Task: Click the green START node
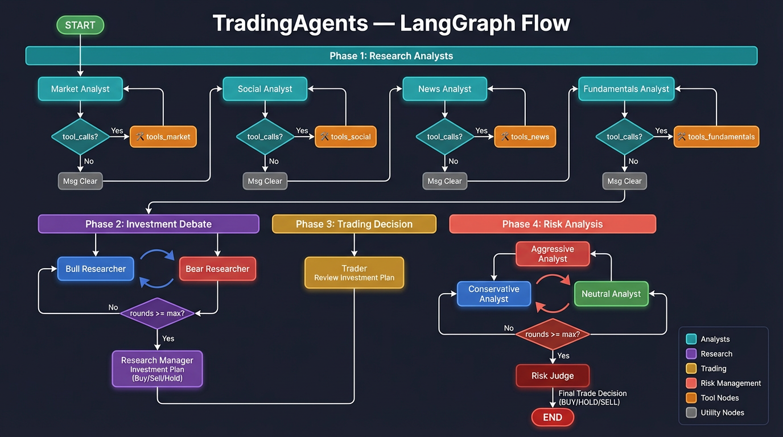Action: [x=80, y=25]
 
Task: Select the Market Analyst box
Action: [x=80, y=89]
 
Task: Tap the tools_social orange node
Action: [x=345, y=137]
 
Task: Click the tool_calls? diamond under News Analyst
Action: [x=445, y=137]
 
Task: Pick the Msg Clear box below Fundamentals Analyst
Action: [x=624, y=181]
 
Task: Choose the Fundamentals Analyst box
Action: [x=626, y=89]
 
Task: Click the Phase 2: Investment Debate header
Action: [x=149, y=224]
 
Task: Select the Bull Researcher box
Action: [x=96, y=269]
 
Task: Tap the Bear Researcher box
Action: [x=217, y=269]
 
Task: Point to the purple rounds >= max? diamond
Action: [x=158, y=313]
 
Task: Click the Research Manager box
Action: [x=157, y=369]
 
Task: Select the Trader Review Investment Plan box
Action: [x=354, y=273]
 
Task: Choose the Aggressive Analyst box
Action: [x=553, y=254]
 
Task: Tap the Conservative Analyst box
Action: [x=494, y=294]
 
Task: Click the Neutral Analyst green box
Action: [x=611, y=294]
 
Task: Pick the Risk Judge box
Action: [x=553, y=376]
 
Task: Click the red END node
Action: [x=553, y=417]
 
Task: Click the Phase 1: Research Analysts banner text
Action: [x=391, y=56]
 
